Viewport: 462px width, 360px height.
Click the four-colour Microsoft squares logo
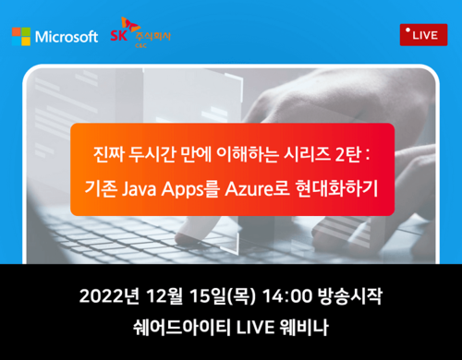tap(21, 37)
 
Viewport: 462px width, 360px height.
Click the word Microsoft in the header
tap(67, 37)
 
